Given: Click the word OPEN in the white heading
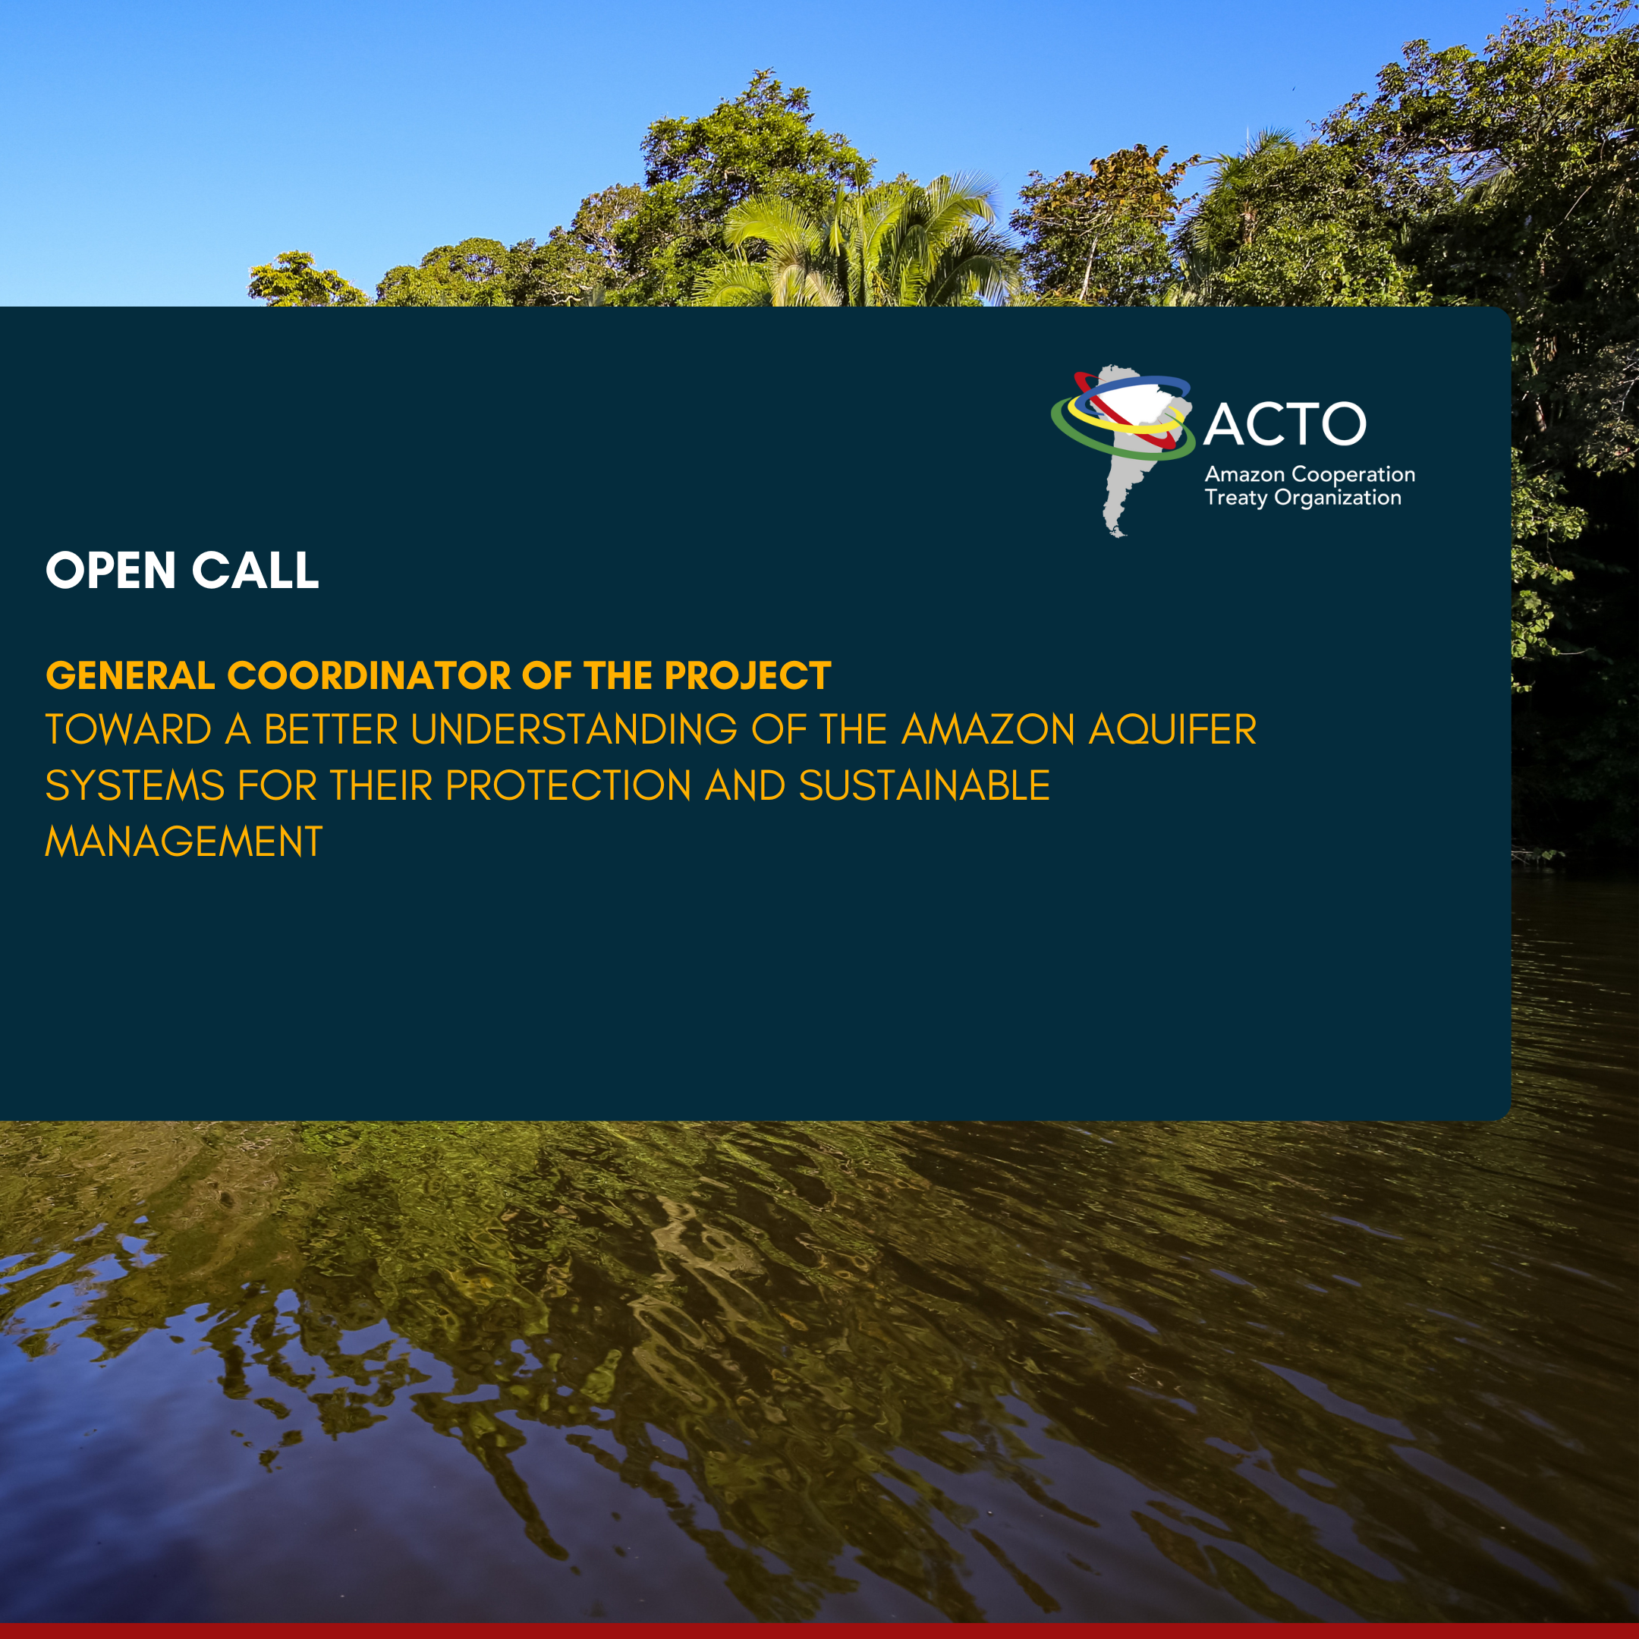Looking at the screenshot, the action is click(x=110, y=570).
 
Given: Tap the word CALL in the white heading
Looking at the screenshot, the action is click(x=256, y=570).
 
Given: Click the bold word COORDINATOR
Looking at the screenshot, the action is click(x=369, y=675).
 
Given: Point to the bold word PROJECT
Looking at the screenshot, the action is click(x=747, y=675).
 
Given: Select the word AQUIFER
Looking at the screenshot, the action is click(x=1172, y=731).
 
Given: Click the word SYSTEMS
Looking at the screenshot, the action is click(x=135, y=785).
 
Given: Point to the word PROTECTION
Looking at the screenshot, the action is click(x=568, y=785).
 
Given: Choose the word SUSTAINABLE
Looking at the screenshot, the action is click(x=925, y=785).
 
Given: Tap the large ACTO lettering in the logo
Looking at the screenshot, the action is click(x=1285, y=424).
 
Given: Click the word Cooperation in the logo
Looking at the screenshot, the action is click(x=1353, y=475).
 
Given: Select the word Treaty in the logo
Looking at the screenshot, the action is click(x=1236, y=498).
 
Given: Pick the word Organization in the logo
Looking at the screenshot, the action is click(x=1338, y=498).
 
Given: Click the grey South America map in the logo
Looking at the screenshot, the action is click(x=1128, y=475).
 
